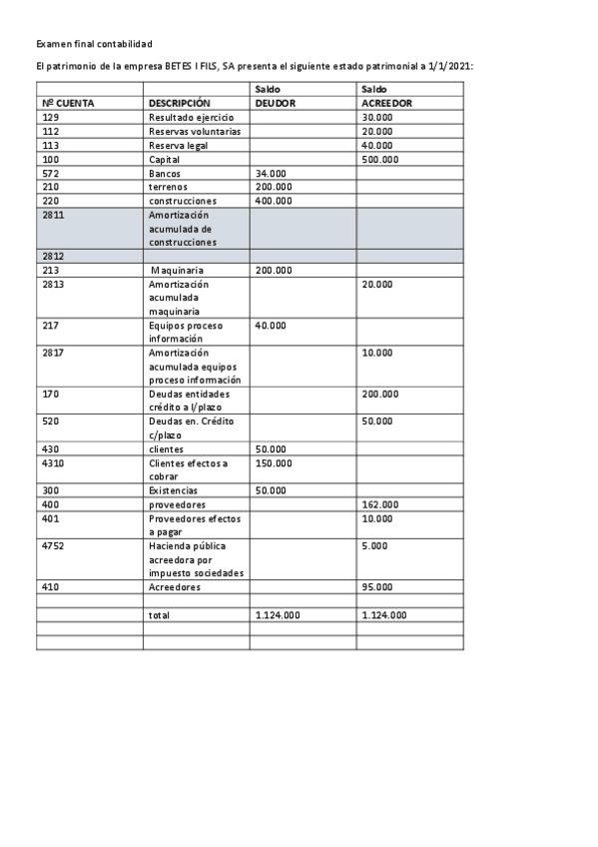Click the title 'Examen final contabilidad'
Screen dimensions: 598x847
point(94,45)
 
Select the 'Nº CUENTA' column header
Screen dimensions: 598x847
point(69,103)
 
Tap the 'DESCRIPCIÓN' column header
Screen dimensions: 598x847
point(180,103)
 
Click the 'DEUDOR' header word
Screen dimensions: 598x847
point(276,103)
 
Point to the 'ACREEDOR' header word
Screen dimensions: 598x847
point(387,103)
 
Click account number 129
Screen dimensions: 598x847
point(51,117)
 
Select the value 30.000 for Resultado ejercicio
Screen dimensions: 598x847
point(377,117)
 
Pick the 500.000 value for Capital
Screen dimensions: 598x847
point(380,159)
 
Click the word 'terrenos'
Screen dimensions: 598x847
point(169,187)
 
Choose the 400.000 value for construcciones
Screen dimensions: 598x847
point(275,201)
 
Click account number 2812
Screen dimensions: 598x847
point(53,256)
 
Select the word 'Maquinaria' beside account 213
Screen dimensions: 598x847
point(178,270)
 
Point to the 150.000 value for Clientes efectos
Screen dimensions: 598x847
point(275,462)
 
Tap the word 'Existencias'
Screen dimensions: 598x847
point(174,490)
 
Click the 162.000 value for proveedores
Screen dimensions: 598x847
point(380,504)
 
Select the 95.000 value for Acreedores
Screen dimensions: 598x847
point(377,587)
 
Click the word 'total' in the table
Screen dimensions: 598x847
point(160,615)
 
